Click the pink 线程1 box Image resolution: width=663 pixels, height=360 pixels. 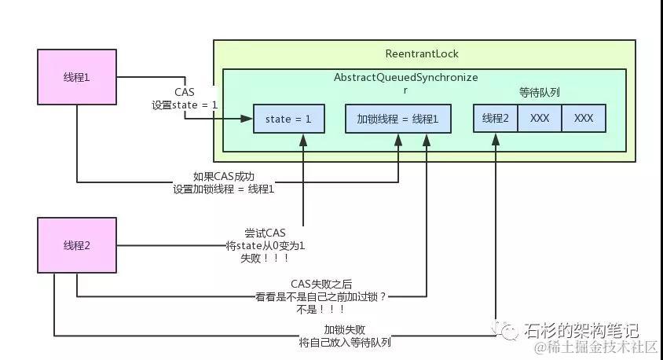tap(76, 76)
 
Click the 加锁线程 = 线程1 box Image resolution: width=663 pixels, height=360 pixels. tap(398, 119)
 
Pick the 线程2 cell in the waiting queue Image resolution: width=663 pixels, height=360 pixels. tap(496, 118)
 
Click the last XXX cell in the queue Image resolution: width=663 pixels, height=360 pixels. tap(584, 118)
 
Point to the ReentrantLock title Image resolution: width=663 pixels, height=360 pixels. tap(422, 54)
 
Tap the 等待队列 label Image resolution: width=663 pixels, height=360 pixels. tap(539, 93)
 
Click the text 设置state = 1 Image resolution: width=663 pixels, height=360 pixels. tap(185, 105)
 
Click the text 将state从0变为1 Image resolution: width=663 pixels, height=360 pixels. tap(265, 246)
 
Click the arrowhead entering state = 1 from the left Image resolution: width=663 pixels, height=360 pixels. tap(248, 119)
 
